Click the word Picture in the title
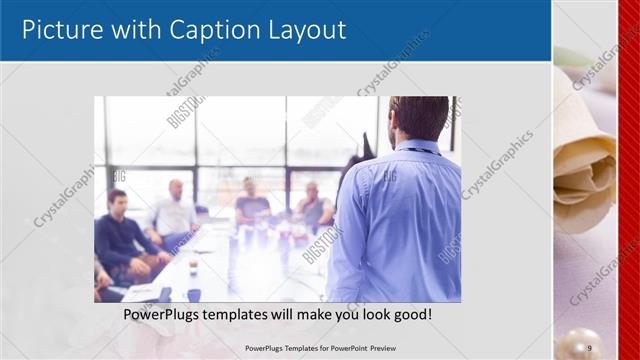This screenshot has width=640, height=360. [x=63, y=30]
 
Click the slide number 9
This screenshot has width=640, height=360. [x=589, y=347]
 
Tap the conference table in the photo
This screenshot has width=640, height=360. [x=230, y=265]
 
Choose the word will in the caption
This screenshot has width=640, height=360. [x=304, y=314]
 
